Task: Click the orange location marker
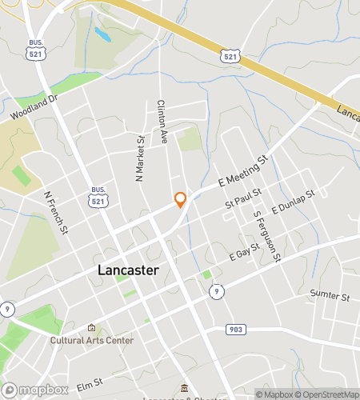(181, 200)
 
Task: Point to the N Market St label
(141, 157)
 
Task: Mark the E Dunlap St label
(294, 202)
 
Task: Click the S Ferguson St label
(267, 235)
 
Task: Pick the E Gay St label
(245, 254)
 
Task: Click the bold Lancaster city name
(128, 270)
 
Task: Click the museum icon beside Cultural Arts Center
(91, 327)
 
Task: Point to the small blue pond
(102, 34)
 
